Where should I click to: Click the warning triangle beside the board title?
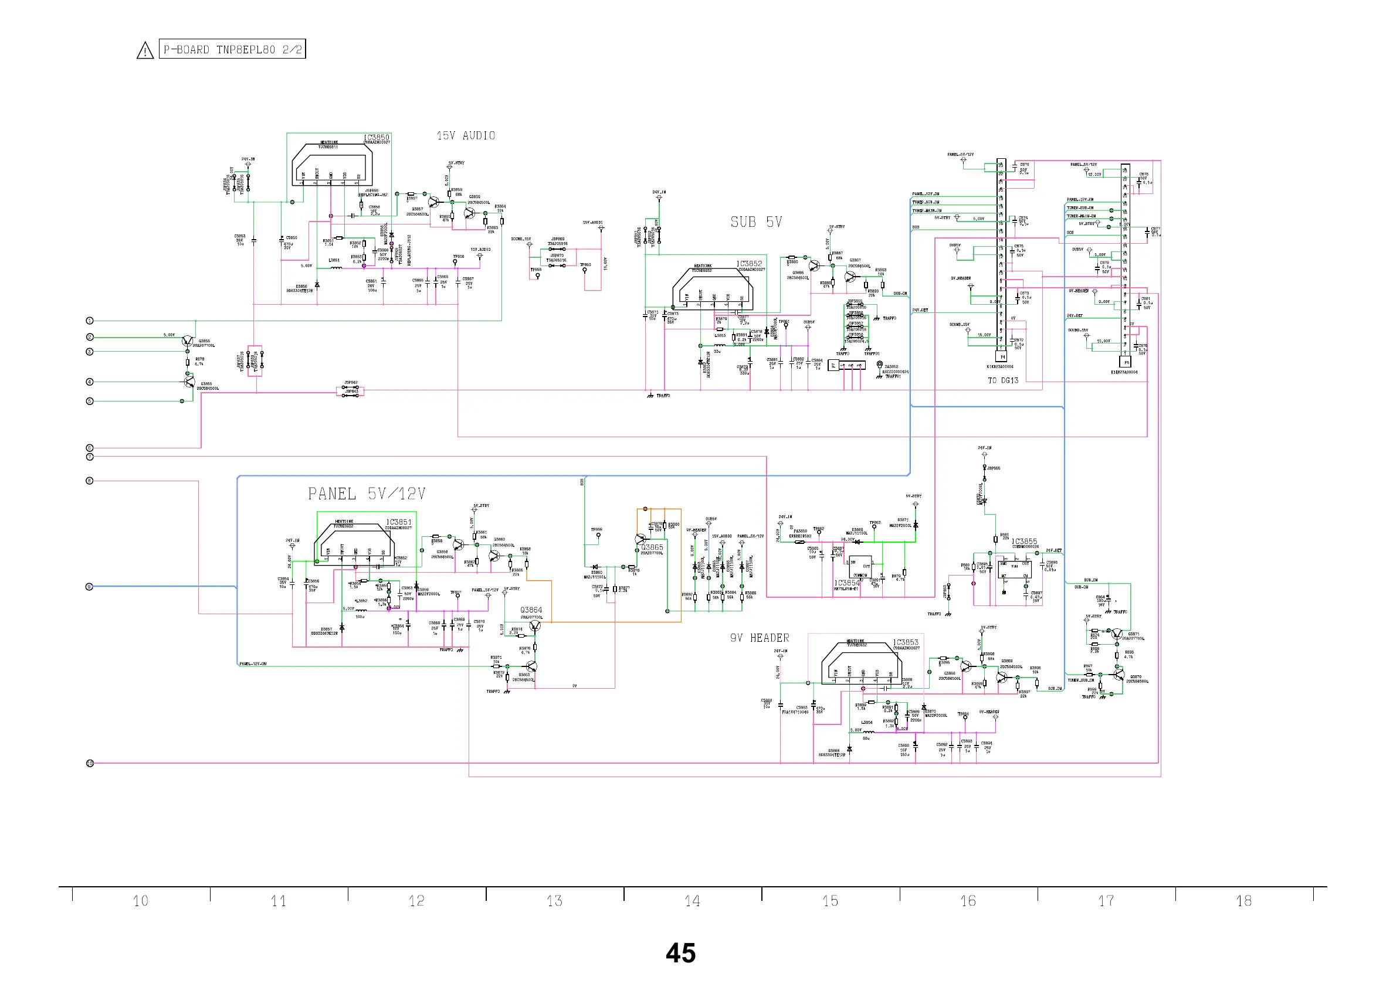coord(145,50)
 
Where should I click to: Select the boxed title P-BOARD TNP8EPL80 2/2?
coord(232,49)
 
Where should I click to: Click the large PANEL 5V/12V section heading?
coord(367,494)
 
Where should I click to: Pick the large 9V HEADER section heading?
coord(760,638)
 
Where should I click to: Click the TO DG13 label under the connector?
coord(1002,380)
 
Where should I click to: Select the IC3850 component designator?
coord(377,138)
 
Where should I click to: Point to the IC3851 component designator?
coord(399,522)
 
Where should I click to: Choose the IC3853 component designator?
coord(906,642)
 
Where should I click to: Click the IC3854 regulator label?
coord(847,583)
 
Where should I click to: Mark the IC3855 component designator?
coord(1025,542)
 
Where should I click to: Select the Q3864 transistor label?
coord(531,610)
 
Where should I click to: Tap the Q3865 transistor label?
coord(652,547)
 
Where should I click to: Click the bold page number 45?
coord(680,953)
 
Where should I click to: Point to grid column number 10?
coord(140,901)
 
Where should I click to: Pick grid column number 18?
coord(1243,901)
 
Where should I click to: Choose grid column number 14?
coord(692,901)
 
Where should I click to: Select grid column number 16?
coord(968,901)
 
